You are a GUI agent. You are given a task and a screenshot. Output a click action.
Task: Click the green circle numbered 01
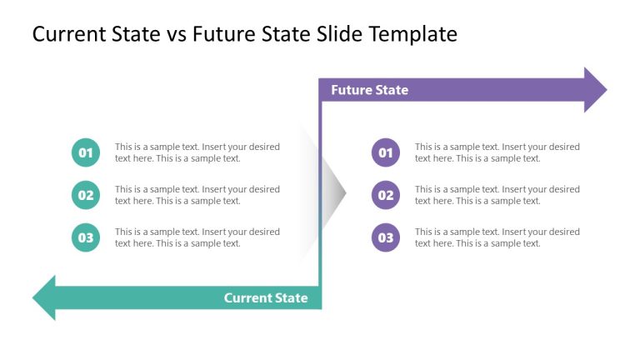(x=86, y=152)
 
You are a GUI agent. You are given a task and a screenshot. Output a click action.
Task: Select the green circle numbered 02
(x=86, y=195)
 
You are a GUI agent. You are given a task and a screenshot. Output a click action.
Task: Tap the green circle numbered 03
(x=86, y=237)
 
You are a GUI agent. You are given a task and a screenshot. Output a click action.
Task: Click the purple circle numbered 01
(x=386, y=152)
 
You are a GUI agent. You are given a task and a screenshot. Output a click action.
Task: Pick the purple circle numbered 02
(x=386, y=195)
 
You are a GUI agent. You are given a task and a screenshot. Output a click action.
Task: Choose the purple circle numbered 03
(x=386, y=237)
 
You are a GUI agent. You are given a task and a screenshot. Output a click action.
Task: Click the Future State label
(x=369, y=90)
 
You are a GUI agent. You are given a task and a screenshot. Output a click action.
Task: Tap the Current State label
(x=266, y=297)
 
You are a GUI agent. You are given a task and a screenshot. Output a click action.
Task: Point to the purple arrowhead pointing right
(x=594, y=90)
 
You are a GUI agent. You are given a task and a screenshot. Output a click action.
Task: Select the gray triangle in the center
(x=332, y=196)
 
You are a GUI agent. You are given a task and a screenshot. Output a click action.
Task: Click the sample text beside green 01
(x=197, y=152)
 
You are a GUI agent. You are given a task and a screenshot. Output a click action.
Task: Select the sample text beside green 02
(x=197, y=195)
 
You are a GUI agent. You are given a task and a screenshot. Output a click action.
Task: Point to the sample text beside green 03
(x=197, y=237)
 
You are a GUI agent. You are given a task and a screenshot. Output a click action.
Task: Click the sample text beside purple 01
(x=497, y=152)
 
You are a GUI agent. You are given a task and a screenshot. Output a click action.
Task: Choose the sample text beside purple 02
(x=497, y=195)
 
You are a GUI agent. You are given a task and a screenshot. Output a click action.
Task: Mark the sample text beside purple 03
(x=497, y=237)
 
